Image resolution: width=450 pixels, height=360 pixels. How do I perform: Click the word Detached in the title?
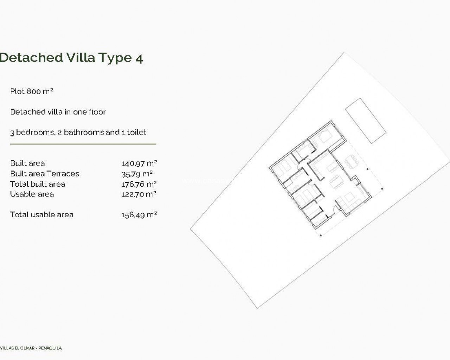[x=31, y=57]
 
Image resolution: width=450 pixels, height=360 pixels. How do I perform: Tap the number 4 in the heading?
[x=139, y=59]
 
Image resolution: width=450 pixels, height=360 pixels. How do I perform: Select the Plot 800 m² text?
[x=32, y=91]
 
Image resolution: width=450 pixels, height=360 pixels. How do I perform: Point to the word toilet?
[x=137, y=133]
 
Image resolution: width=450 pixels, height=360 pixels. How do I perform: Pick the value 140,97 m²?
[x=139, y=163]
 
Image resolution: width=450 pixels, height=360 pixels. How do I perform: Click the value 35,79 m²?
[x=137, y=174]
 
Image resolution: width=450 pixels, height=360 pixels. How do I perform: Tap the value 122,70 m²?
[x=139, y=194]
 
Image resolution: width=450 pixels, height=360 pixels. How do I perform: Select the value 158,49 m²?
[x=139, y=215]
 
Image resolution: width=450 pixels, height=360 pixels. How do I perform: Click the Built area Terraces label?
[x=45, y=174]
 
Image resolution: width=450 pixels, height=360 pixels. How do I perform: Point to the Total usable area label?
[x=41, y=214]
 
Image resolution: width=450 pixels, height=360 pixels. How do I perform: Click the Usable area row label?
[x=32, y=194]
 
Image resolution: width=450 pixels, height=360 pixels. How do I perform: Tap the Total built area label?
[x=38, y=184]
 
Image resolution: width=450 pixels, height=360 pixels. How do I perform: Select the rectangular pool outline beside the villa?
[x=366, y=121]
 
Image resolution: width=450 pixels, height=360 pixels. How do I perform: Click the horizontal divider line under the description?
[x=83, y=144]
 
